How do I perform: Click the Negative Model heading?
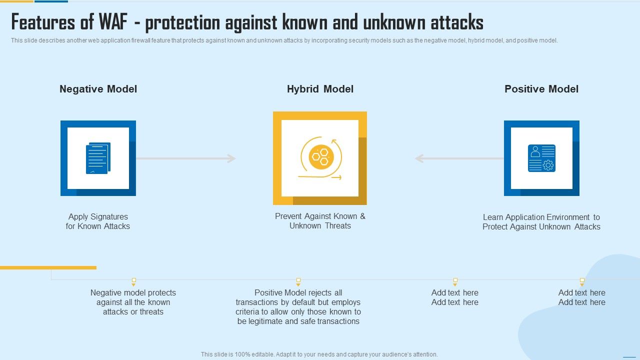tap(98, 89)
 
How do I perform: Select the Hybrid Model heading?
tap(320, 89)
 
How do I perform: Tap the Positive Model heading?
tap(541, 89)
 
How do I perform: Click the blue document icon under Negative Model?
tap(98, 158)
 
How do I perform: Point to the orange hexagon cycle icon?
tap(320, 158)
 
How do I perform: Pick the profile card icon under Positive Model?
tap(541, 158)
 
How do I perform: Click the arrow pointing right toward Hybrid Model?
tap(185, 158)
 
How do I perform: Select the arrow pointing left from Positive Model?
tap(459, 158)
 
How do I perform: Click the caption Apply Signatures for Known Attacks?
tap(98, 221)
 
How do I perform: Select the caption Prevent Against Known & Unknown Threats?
tap(320, 221)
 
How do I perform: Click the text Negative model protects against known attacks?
tap(133, 302)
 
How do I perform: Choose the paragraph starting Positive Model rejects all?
tap(298, 307)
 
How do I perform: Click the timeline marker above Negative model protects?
tap(133, 281)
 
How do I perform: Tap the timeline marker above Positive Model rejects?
tap(298, 281)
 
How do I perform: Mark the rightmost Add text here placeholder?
tap(582, 297)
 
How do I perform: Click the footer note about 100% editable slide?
tap(319, 354)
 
